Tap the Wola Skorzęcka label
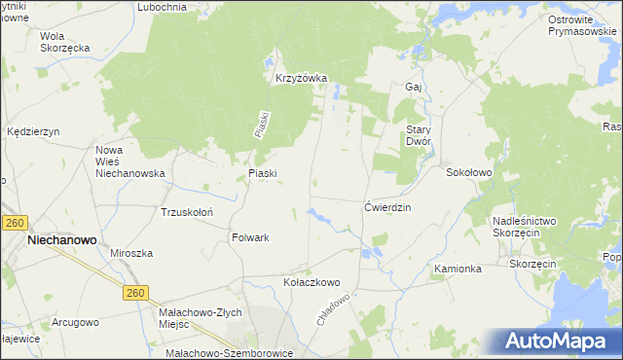[x=65, y=42]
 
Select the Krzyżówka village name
[x=301, y=79]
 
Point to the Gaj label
[x=413, y=87]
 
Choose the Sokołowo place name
[x=469, y=172]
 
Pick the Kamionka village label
[x=458, y=268]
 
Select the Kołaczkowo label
[x=311, y=282]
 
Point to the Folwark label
[x=250, y=237]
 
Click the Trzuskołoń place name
[x=187, y=211]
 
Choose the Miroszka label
[x=131, y=253]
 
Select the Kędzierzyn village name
[x=34, y=130]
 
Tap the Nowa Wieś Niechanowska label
[x=129, y=162]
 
